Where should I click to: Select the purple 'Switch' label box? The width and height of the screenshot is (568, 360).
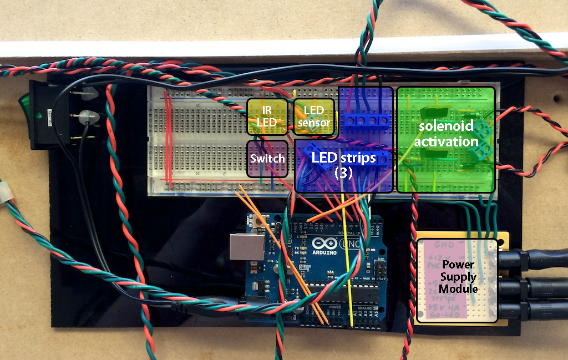coord(267,158)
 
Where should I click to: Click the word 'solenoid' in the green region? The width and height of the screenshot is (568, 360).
coord(445,126)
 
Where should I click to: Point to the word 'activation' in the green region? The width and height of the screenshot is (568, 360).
coord(447,141)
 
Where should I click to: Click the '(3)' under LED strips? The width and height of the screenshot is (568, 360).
coord(343,173)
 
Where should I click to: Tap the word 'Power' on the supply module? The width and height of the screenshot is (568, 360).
coord(458,265)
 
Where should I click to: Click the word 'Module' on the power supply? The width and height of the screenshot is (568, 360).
coord(458,288)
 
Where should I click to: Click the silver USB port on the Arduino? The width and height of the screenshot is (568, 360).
coord(247,247)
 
